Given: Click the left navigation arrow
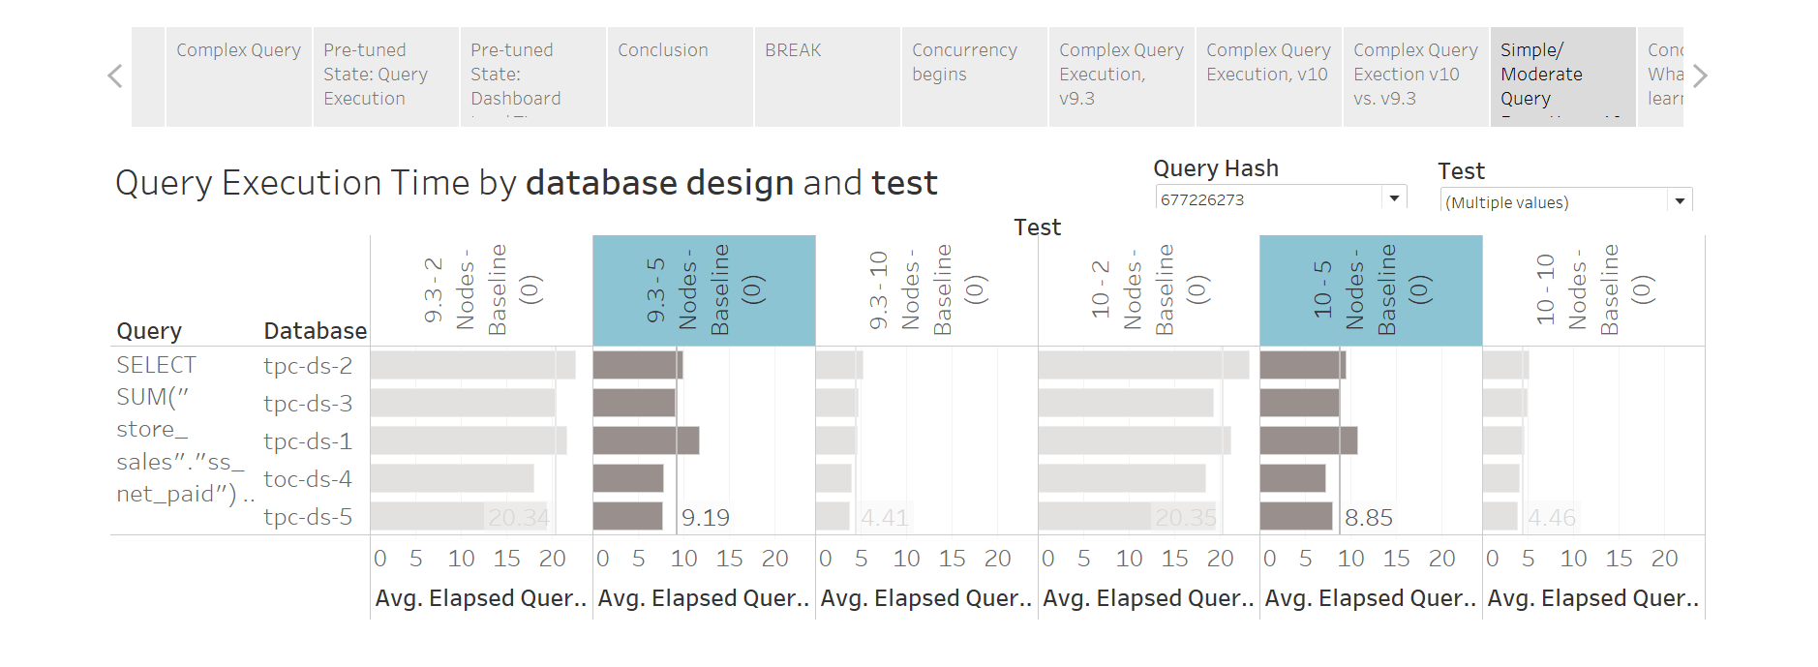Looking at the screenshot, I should coord(115,76).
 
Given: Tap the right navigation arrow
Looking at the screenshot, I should coord(1701,76).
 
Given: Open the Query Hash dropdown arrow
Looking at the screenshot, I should coord(1394,198).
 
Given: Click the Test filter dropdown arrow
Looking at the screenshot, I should coord(1680,201).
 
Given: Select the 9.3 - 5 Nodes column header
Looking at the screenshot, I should coord(704,290).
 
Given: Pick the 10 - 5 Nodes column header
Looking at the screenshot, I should coord(1371,290).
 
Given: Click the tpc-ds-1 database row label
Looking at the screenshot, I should coord(308,441).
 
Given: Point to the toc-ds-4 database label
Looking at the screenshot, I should coord(308,479).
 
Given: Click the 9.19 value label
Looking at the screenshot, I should coord(706,518).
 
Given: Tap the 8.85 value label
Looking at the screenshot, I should coord(1369,518).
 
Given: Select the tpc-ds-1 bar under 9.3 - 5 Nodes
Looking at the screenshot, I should coord(646,441).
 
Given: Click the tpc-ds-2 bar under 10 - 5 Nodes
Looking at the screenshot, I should coord(1302,366).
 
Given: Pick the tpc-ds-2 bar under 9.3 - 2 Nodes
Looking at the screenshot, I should coord(472,366).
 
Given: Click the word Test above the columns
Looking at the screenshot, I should coord(1037,227).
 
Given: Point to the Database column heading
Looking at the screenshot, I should coord(315,331).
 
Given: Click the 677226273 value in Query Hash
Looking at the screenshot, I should coord(1202,200).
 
